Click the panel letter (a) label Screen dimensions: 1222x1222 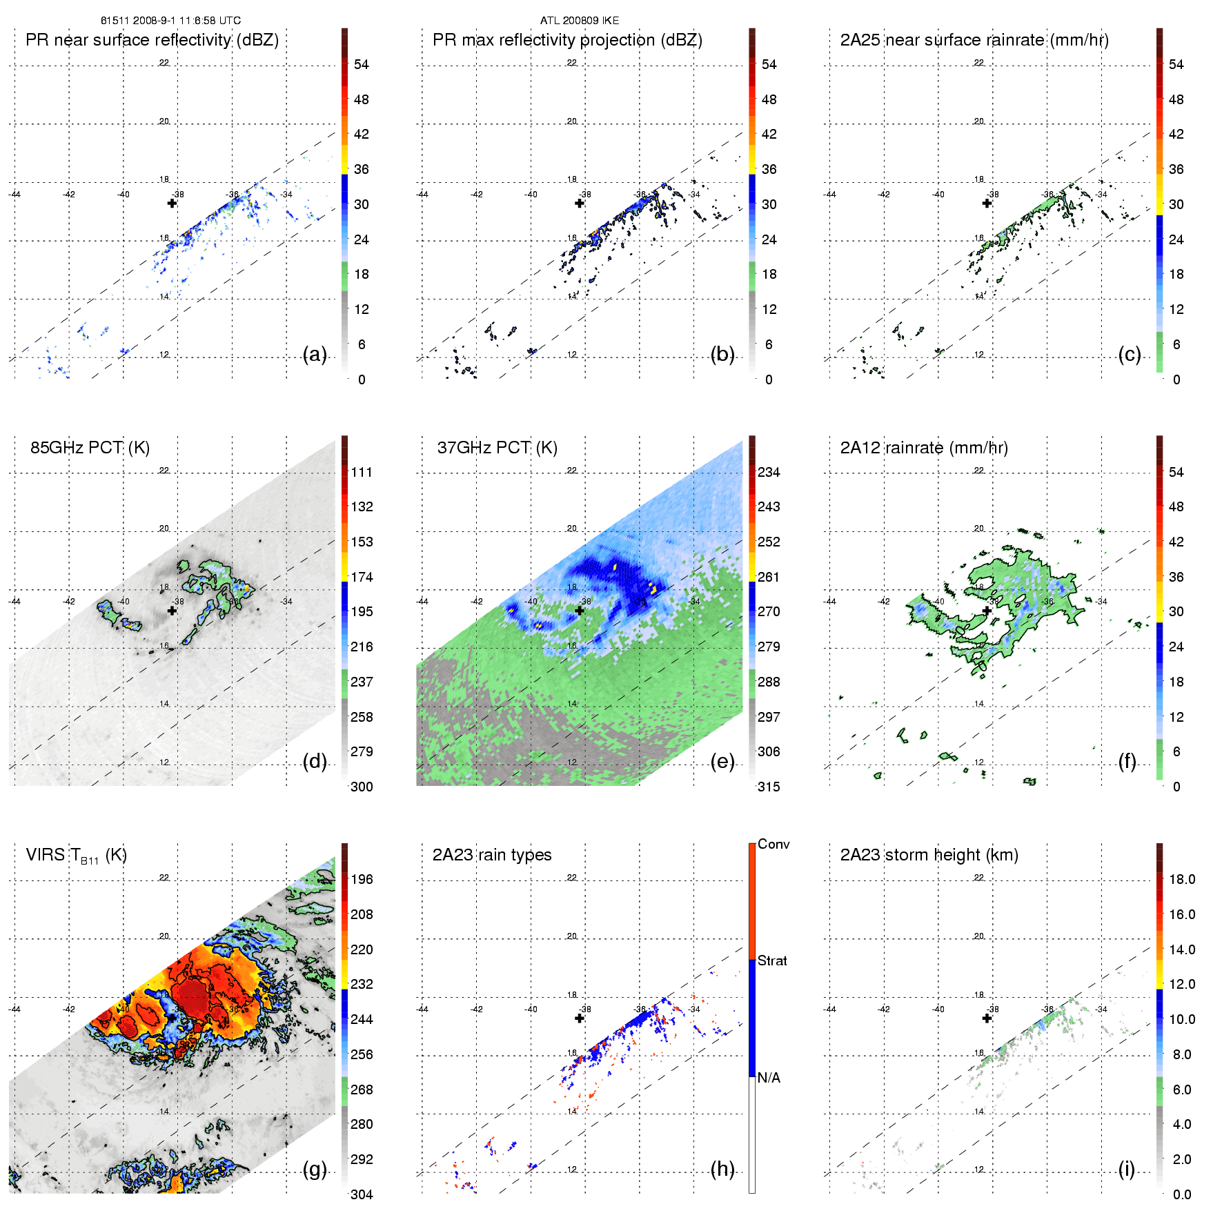pos(315,355)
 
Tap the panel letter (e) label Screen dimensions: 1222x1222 pos(722,762)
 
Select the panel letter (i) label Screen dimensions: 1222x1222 pos(1127,1170)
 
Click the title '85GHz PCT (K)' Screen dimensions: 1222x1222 pos(90,448)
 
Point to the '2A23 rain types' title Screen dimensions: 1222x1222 pos(492,855)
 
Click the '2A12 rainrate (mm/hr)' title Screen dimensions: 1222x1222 pos(924,448)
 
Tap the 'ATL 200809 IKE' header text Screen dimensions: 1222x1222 pos(580,21)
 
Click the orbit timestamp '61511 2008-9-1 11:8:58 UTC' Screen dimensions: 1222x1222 pos(170,21)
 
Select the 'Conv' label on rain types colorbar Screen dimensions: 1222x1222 pos(773,844)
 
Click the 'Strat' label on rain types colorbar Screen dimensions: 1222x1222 pos(772,960)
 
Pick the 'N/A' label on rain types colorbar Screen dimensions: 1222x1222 pos(769,1078)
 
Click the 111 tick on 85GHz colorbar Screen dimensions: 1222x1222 pos(362,473)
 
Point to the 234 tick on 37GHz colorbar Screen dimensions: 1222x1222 pos(769,473)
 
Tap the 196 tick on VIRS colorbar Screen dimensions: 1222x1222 pos(362,880)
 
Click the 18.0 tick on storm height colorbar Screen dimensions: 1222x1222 pos(1182,880)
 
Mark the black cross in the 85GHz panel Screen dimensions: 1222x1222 pos(173,611)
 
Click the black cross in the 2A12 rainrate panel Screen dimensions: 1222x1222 pos(987,611)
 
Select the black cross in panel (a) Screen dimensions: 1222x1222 pos(173,203)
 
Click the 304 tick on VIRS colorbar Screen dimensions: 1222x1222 pos(362,1194)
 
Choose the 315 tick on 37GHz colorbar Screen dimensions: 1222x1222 pos(769,787)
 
